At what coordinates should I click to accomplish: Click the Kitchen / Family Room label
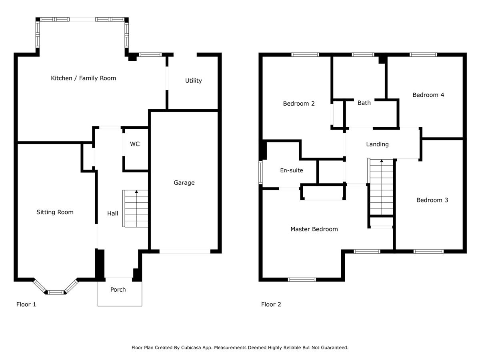83,78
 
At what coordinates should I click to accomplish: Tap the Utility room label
193,81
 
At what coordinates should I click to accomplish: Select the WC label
135,144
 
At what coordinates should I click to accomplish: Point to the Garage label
184,183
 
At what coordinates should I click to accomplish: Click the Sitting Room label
55,212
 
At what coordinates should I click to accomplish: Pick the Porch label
118,290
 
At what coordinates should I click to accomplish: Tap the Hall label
112,213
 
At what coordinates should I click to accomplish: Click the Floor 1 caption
26,304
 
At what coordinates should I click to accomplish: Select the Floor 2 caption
271,304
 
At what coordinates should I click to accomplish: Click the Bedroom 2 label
299,104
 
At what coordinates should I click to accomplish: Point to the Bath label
364,103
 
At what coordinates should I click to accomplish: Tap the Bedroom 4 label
428,95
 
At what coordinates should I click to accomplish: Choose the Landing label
377,144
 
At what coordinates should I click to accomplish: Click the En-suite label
292,170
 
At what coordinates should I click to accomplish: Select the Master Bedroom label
314,229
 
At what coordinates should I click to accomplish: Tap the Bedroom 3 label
432,200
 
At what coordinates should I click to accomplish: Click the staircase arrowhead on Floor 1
136,192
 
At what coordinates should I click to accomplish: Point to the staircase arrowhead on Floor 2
382,161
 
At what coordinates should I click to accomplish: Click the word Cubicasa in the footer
191,348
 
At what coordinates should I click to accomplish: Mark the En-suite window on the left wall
260,172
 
